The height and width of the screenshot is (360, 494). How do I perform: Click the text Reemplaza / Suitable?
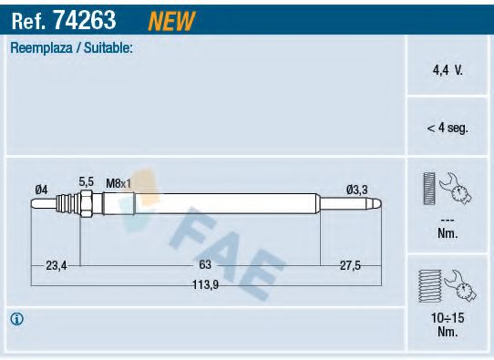pos(71,48)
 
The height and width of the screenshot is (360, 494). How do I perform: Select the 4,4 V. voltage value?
pos(447,68)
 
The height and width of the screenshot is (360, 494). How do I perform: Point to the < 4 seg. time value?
pos(447,129)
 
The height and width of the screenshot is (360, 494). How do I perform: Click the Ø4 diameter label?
pos(41,189)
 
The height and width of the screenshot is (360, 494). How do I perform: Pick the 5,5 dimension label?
pos(87,182)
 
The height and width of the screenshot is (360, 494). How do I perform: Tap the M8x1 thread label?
pos(118,183)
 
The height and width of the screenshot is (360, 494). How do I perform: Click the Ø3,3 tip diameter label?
pos(357,189)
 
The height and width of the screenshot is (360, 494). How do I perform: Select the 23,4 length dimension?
pos(57,265)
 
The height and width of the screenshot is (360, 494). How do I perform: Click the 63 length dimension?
pos(205,265)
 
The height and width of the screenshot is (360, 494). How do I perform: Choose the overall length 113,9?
pos(205,283)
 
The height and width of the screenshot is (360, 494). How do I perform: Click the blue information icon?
pos(16,319)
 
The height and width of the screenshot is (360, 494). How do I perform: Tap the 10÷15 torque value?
pos(447,319)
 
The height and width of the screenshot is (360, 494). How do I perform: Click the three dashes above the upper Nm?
pos(447,220)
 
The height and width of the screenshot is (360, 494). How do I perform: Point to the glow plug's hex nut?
pos(87,205)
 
